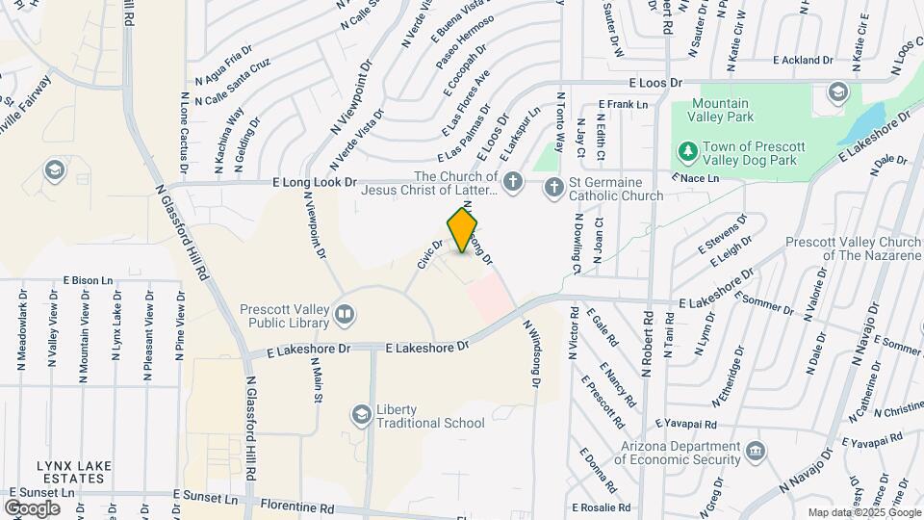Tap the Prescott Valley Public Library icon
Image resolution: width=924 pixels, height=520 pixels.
point(344,314)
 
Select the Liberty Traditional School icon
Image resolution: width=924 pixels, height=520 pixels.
point(361,415)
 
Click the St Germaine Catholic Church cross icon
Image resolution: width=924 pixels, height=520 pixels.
point(553,188)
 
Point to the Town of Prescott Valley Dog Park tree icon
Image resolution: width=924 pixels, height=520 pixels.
point(687,152)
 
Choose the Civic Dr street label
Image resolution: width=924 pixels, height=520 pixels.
point(429,254)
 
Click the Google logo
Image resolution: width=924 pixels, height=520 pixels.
point(32,507)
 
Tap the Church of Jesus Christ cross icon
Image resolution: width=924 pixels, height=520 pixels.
point(514,182)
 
